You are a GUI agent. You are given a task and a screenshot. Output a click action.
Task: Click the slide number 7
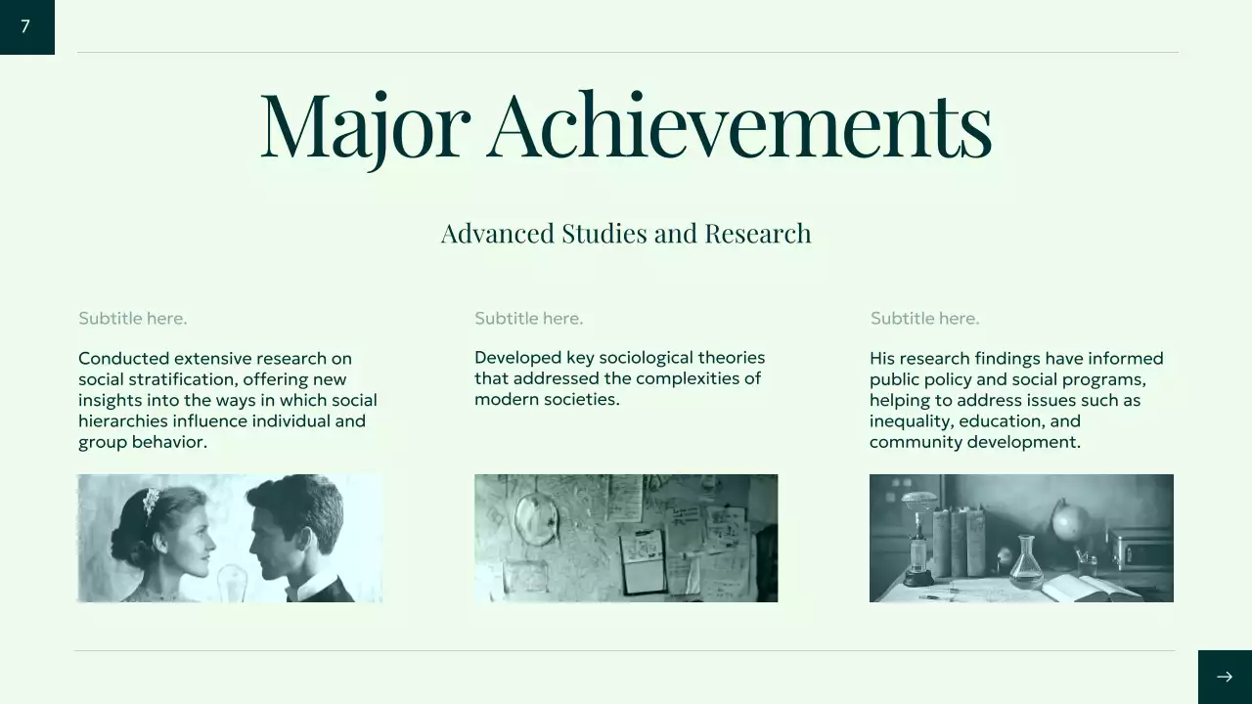[x=25, y=26]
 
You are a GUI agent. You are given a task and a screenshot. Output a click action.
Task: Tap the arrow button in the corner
[x=1224, y=677]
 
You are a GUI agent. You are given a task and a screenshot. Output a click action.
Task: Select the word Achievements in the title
[x=739, y=125]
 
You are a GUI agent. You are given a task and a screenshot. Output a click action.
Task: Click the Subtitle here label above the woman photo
[x=132, y=319]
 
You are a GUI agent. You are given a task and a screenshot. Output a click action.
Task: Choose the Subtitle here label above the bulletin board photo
[x=528, y=319]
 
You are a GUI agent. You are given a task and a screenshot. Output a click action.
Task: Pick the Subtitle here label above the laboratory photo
[x=924, y=319]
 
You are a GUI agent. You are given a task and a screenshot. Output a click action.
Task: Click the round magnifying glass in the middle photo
[x=537, y=517]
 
